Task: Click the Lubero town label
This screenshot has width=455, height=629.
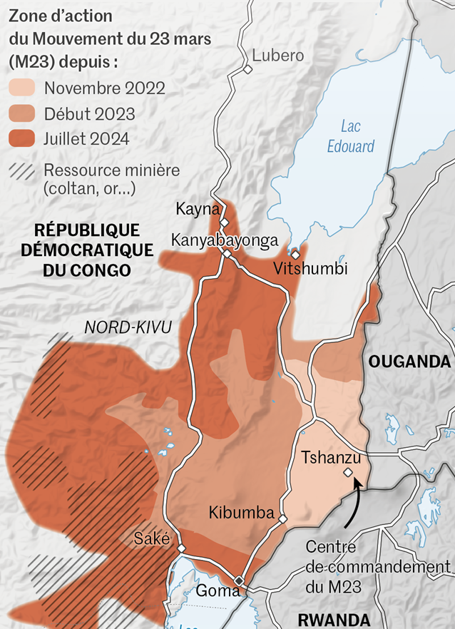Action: click(277, 56)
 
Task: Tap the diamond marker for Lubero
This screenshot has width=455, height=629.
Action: click(247, 70)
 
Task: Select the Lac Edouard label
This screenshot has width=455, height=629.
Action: click(350, 136)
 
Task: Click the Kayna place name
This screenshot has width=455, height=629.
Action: click(198, 209)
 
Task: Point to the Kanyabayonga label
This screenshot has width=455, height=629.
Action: click(224, 240)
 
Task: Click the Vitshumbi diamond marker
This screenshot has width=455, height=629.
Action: click(295, 254)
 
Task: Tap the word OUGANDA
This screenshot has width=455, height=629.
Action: click(409, 362)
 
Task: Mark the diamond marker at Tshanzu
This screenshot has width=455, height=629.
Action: click(347, 472)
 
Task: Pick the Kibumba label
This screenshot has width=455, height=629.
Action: click(242, 512)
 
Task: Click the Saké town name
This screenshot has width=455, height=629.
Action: click(152, 538)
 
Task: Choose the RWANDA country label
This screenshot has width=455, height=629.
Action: click(334, 619)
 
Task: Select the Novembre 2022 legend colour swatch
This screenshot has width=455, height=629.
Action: click(21, 88)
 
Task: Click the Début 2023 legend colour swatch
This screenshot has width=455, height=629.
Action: click(21, 113)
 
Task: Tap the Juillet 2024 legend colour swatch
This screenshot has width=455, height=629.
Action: click(21, 138)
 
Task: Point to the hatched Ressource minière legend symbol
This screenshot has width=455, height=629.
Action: click(21, 171)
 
